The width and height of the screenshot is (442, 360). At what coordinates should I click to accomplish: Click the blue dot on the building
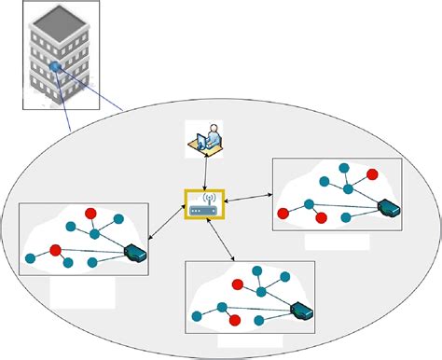pyautogui.click(x=56, y=66)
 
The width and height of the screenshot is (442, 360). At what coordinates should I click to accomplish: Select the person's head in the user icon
pyautogui.click(x=214, y=128)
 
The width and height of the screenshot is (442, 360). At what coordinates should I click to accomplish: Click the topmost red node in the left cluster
pyautogui.click(x=90, y=214)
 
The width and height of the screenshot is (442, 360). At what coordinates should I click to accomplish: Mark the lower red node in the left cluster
pyautogui.click(x=56, y=250)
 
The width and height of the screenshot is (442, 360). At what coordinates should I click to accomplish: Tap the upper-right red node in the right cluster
pyautogui.click(x=372, y=173)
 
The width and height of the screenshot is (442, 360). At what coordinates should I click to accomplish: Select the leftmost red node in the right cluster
pyautogui.click(x=283, y=213)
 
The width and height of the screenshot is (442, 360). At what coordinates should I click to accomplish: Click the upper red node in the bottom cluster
pyautogui.click(x=238, y=284)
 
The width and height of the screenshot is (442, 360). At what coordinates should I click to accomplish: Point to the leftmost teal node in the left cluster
pyautogui.click(x=30, y=257)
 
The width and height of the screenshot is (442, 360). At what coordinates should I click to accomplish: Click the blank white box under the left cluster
pyautogui.click(x=82, y=293)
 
